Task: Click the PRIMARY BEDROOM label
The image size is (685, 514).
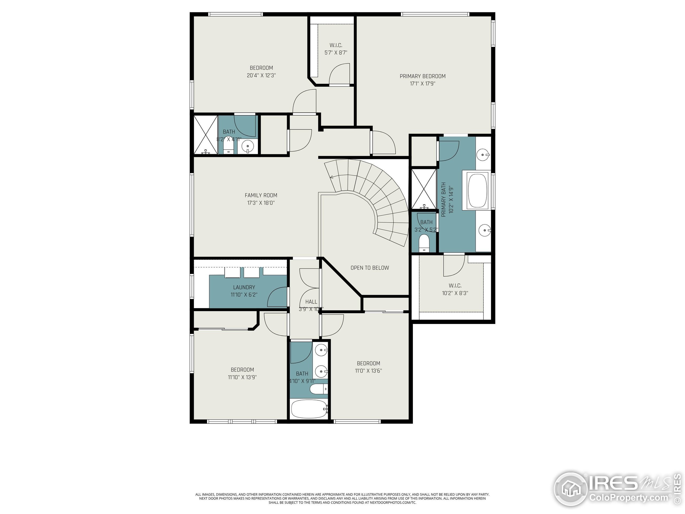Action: [x=423, y=76]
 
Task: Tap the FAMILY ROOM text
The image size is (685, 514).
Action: [x=261, y=195]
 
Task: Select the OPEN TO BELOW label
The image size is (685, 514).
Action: [x=370, y=268]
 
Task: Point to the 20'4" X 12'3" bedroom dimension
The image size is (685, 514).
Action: [x=261, y=75]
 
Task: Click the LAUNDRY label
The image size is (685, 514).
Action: [x=244, y=287]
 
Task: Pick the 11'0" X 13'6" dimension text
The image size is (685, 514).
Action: [x=368, y=371]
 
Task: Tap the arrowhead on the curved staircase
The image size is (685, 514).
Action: [x=332, y=177]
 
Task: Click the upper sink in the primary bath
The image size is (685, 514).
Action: [x=483, y=154]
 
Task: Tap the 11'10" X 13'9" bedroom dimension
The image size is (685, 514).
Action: [x=242, y=377]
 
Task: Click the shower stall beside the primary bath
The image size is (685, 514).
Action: [x=424, y=189]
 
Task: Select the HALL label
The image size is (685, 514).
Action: [x=311, y=302]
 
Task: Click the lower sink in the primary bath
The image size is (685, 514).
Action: [x=484, y=230]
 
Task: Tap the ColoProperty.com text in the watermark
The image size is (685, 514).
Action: [x=628, y=498]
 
